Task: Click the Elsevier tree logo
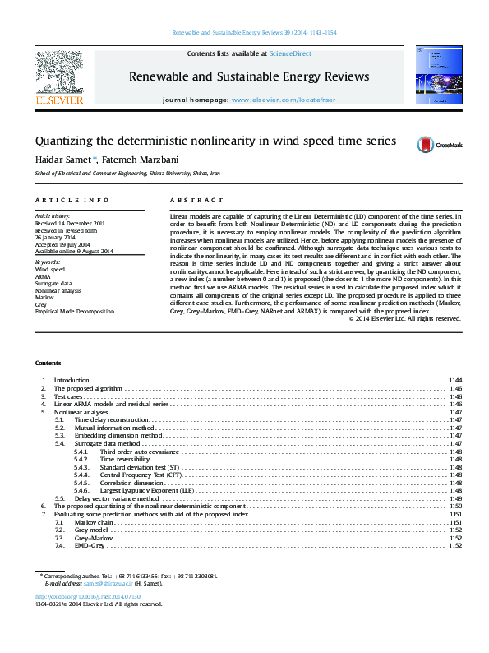pos(58,73)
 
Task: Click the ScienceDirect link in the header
pos(291,53)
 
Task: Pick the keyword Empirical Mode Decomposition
pos(75,312)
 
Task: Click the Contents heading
pos(48,363)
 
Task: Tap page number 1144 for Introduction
pos(455,380)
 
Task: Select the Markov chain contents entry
pos(95,522)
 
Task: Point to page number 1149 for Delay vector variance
pos(455,498)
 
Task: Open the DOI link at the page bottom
pos(88,596)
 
